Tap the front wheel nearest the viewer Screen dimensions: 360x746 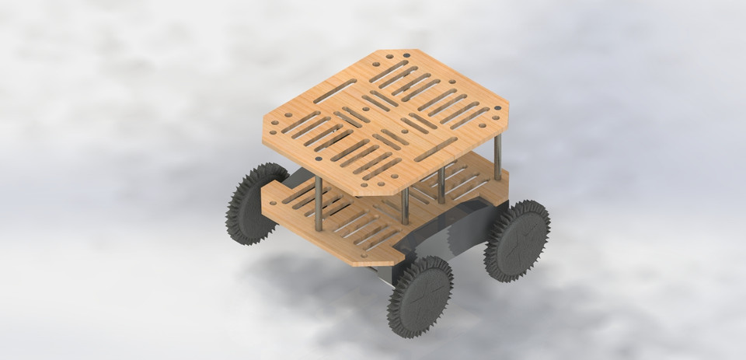(x=420, y=296)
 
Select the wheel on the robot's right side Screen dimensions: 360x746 (x=517, y=239)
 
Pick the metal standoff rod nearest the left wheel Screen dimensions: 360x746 (x=318, y=204)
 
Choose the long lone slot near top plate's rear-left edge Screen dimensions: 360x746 (x=334, y=87)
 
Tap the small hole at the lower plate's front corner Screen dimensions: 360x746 (x=362, y=254)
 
